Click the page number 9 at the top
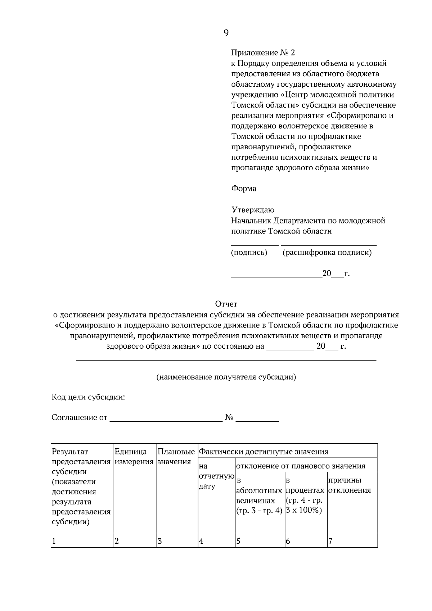(226, 33)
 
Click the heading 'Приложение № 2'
(263, 53)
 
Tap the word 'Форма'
(244, 189)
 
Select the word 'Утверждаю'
(253, 210)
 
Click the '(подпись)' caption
(249, 252)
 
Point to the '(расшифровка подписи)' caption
(327, 252)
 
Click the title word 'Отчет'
(226, 304)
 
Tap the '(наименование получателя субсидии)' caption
(226, 377)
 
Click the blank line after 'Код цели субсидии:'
(202, 399)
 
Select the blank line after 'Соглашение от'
(166, 419)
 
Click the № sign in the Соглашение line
(229, 418)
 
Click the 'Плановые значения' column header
(176, 457)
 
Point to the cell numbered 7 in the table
(352, 541)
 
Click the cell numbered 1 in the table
(82, 541)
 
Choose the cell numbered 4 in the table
(216, 541)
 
